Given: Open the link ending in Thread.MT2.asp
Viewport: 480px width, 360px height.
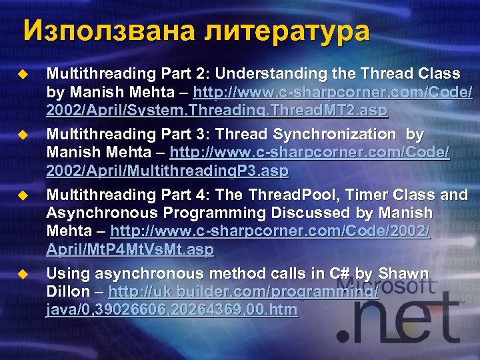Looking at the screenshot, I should (x=217, y=110).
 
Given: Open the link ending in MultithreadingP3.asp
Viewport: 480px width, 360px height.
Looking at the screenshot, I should (x=167, y=171).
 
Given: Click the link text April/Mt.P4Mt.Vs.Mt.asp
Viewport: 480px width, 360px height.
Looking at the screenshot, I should (x=130, y=250).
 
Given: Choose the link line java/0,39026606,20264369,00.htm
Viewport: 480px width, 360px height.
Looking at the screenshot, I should (x=172, y=310).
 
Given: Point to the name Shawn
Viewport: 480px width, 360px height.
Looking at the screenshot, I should (x=404, y=273).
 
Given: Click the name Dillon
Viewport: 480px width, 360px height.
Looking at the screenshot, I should (x=67, y=292).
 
